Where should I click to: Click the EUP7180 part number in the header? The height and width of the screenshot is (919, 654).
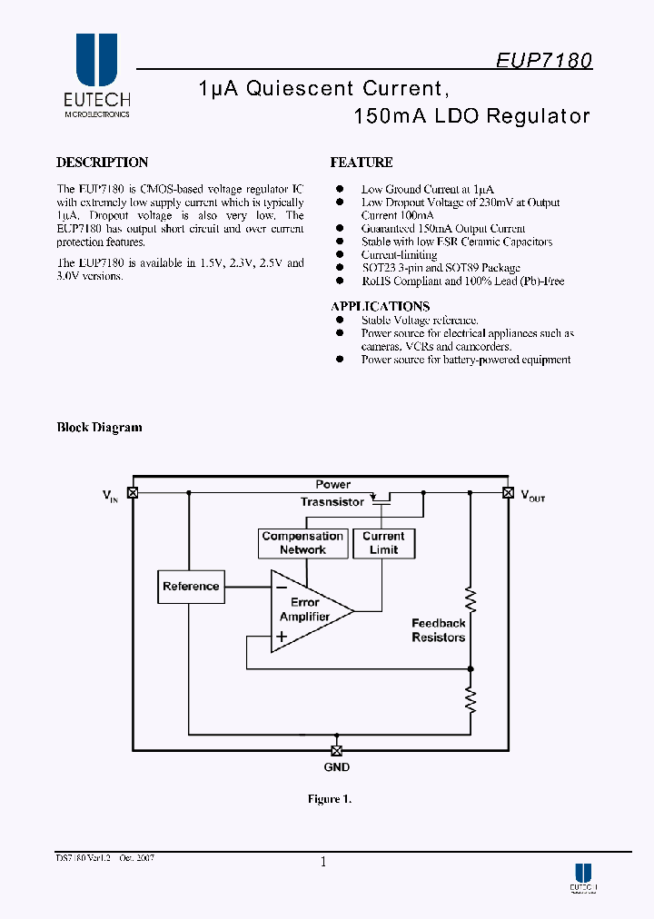544,60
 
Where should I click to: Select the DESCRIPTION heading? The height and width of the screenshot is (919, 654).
102,163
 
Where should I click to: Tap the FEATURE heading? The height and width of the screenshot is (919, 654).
361,163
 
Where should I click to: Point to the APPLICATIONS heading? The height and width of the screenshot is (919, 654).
380,306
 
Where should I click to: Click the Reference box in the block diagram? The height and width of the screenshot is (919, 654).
191,587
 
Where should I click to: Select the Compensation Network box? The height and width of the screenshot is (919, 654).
302,543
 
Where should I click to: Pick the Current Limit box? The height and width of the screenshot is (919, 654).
383,543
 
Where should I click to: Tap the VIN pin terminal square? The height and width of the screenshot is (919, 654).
133,493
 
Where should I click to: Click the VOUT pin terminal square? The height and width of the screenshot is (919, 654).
508,493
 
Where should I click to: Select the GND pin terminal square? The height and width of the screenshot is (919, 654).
336,750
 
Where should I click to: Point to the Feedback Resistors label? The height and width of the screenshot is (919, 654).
438,630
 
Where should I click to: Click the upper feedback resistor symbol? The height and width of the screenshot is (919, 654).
471,598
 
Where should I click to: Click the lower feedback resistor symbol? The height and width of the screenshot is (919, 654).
471,698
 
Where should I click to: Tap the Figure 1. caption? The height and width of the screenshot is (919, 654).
328,799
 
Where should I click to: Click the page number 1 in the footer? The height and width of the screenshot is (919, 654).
322,863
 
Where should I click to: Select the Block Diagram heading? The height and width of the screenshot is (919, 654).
99,428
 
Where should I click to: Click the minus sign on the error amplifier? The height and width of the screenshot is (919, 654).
282,586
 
